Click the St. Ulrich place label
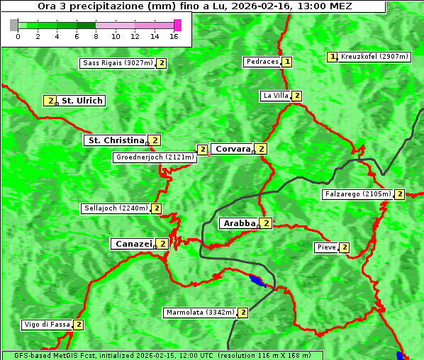[x=82, y=101]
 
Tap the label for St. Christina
[x=115, y=140]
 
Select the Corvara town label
[x=232, y=149]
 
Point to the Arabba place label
[x=239, y=223]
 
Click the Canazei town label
[x=133, y=244]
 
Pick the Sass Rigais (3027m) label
[x=117, y=63]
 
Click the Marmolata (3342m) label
[x=199, y=313]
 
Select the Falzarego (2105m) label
[x=357, y=194]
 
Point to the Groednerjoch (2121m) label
[x=155, y=157]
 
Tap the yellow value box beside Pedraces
[x=287, y=62]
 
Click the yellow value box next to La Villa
[x=297, y=96]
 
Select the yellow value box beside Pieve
[x=344, y=247]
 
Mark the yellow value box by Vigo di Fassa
[x=79, y=325]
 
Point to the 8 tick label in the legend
[x=96, y=36]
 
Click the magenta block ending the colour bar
[x=177, y=25]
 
